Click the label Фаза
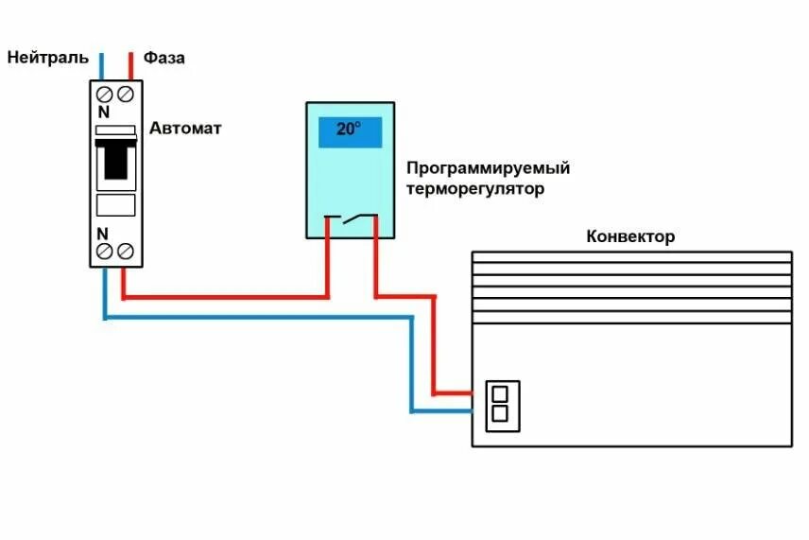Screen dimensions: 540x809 (x=164, y=58)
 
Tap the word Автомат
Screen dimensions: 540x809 (x=185, y=128)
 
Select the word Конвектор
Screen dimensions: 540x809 (x=630, y=236)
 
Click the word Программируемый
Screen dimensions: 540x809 (x=488, y=168)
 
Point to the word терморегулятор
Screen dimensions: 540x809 (x=476, y=189)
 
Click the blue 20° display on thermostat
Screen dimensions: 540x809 (x=349, y=130)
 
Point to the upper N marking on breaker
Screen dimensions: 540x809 (x=103, y=113)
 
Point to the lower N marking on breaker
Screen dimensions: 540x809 (x=103, y=233)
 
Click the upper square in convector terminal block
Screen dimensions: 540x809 (x=501, y=392)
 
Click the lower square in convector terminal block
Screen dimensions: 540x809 (x=501, y=413)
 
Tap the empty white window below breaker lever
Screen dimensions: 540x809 (x=116, y=205)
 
